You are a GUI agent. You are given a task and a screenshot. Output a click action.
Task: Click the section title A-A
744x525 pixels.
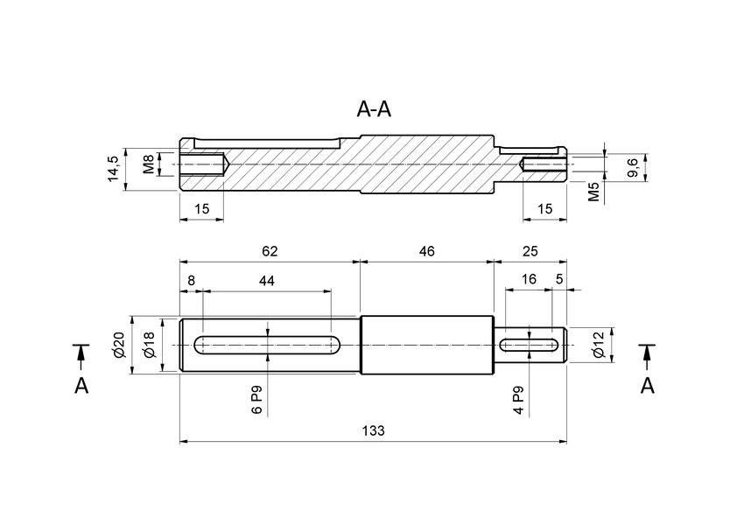(374, 109)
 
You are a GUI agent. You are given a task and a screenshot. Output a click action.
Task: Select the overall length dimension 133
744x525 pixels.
(373, 430)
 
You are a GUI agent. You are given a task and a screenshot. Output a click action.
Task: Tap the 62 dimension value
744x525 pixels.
(270, 251)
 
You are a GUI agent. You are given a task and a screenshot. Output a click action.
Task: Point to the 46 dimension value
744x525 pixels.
(426, 251)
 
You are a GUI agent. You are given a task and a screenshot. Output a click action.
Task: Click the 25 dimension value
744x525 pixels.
(530, 251)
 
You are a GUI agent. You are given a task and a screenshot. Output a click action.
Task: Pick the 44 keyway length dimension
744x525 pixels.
(267, 281)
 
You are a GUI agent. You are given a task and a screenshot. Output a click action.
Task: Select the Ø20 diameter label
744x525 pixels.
(119, 346)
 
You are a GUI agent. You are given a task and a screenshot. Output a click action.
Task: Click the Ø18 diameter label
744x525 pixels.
(149, 346)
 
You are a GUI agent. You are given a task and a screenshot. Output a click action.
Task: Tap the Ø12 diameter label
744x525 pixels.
(599, 346)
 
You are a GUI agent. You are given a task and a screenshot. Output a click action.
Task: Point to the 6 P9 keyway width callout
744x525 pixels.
(256, 398)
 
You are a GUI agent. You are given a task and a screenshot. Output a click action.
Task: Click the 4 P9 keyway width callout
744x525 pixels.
(518, 398)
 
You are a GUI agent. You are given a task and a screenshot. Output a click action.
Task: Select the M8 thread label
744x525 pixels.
(148, 164)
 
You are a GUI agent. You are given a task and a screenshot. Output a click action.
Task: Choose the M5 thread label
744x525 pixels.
(594, 192)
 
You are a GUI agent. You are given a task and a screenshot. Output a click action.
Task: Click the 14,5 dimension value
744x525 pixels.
(113, 168)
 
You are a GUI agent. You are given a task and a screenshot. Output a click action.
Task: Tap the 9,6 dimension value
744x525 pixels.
(634, 167)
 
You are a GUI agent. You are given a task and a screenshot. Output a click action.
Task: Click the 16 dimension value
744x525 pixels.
(529, 280)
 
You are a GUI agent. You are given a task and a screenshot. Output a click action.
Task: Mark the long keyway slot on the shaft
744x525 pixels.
(267, 345)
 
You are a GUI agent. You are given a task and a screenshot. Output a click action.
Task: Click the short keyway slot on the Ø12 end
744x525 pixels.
(530, 345)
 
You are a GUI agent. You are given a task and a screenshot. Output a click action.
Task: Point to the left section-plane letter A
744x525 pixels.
(81, 386)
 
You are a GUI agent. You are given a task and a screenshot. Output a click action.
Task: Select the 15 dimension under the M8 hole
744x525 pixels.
(201, 208)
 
